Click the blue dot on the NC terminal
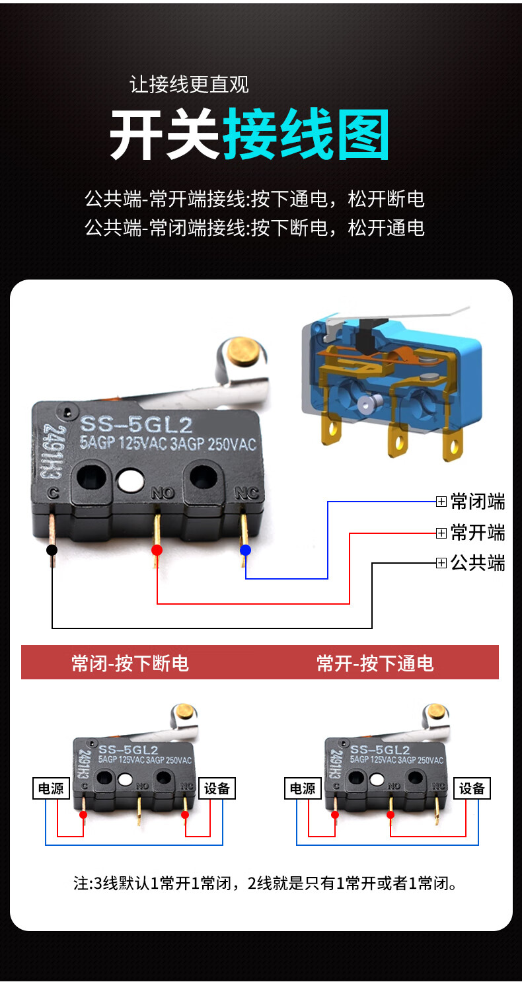[x=246, y=550]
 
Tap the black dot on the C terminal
[x=52, y=550]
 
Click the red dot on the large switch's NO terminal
[x=157, y=550]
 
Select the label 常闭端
[x=477, y=502]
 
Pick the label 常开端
[x=477, y=533]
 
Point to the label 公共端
[x=477, y=563]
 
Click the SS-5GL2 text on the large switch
[x=136, y=424]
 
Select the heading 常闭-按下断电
[x=130, y=663]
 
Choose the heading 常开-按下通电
[x=375, y=663]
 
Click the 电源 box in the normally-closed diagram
[x=51, y=788]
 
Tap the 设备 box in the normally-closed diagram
[x=217, y=788]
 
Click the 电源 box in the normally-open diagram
[x=303, y=788]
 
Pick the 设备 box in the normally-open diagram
[x=472, y=788]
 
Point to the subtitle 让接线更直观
[x=189, y=85]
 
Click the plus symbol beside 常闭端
[x=441, y=502]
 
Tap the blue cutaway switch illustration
[x=390, y=383]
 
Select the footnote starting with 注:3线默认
[x=265, y=883]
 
